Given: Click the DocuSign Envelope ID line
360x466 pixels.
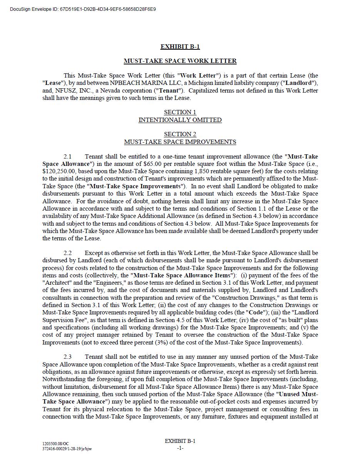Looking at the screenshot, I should point(83,9).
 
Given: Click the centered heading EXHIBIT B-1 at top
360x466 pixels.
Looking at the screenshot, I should point(180,47).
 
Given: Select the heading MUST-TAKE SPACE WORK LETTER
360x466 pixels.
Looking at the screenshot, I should point(180,61).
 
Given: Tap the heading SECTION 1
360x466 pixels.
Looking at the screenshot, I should point(180,112).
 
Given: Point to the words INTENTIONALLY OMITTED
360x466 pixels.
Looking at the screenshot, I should point(180,120).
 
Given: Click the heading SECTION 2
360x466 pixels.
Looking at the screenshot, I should point(180,134).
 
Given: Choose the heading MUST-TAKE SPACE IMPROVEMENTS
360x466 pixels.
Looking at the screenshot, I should point(180,142).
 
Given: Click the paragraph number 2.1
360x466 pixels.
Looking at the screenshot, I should point(67,157).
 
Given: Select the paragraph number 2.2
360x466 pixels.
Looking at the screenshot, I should point(67,253).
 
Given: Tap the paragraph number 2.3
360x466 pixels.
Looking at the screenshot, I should point(67,357).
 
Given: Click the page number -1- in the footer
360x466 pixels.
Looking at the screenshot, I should point(180,448).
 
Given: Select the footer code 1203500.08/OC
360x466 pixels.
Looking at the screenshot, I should point(56,444).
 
